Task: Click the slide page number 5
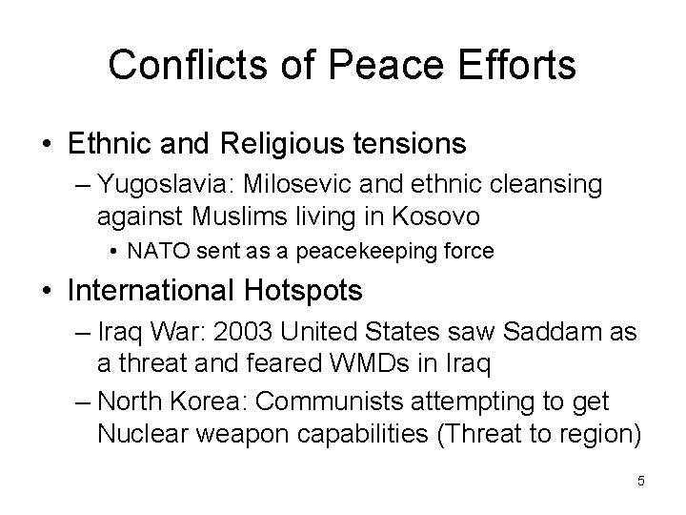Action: tap(641, 482)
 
